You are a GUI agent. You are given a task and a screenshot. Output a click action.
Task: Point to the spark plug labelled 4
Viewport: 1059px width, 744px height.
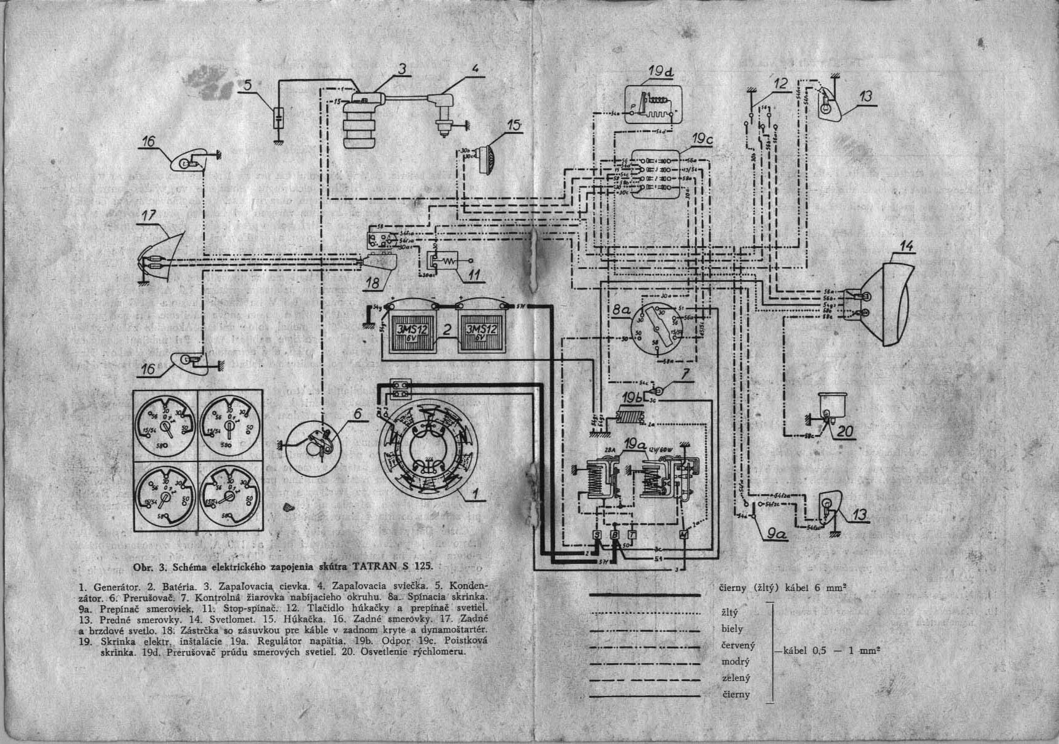(442, 111)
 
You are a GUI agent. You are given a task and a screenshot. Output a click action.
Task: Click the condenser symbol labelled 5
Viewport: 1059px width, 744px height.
(279, 117)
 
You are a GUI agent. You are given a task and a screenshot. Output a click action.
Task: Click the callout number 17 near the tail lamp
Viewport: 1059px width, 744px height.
(149, 216)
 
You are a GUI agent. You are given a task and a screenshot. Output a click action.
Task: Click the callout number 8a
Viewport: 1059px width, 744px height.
(621, 312)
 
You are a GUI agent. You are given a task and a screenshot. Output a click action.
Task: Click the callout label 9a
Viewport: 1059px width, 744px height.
(778, 535)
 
